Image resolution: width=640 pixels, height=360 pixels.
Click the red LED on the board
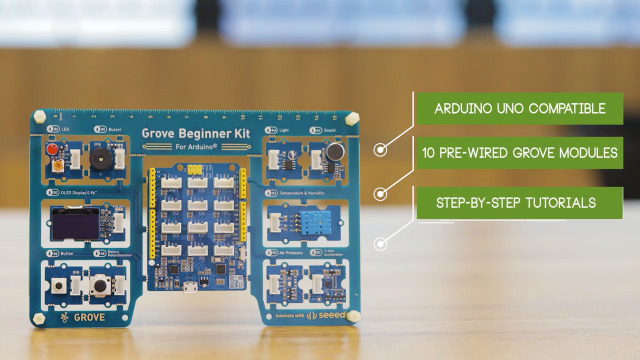[50, 150]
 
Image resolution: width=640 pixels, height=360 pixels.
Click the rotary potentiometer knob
[99, 286]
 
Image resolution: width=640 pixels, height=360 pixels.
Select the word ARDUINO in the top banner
[459, 108]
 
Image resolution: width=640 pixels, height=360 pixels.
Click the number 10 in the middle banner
[431, 155]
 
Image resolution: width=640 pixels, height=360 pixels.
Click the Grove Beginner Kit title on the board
[196, 132]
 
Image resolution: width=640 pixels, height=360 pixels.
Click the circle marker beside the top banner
[380, 150]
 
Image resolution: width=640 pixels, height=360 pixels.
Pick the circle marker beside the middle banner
[380, 193]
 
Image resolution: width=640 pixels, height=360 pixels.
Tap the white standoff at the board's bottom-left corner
[39, 319]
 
